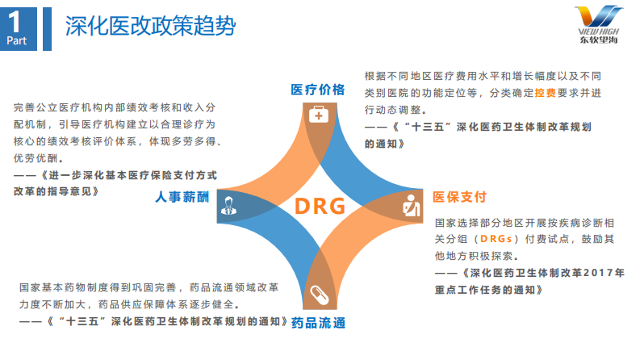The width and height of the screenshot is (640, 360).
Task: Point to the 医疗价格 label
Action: [x=318, y=89]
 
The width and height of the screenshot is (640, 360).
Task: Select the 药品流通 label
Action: [x=319, y=324]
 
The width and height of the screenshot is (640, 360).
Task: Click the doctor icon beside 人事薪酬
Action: [x=229, y=207]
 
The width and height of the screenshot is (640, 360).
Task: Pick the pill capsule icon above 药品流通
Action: [x=318, y=295]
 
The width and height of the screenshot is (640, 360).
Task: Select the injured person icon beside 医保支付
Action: [x=410, y=207]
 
